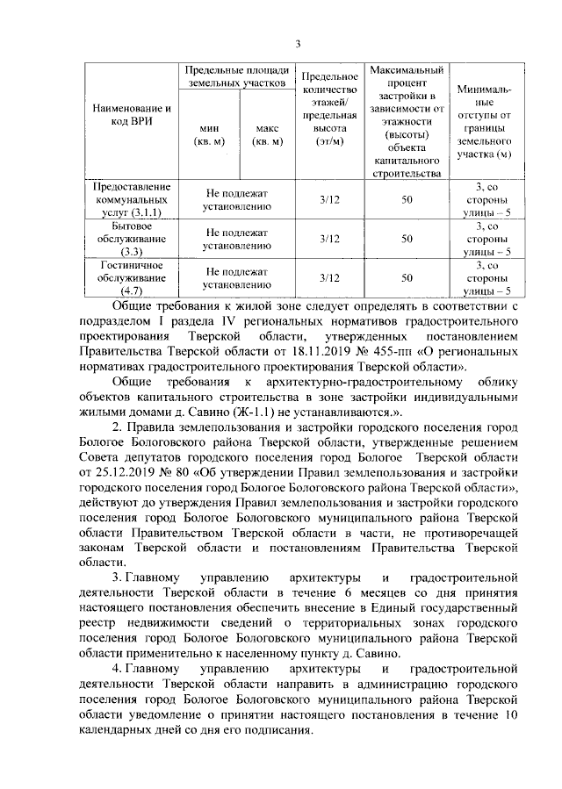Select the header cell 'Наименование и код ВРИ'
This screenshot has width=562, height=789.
point(124,114)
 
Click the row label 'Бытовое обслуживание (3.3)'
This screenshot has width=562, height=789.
point(124,239)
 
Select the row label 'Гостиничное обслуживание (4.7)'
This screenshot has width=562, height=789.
point(124,277)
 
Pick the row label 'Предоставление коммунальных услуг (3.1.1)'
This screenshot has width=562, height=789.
point(124,200)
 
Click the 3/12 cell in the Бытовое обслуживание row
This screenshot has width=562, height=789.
point(329,239)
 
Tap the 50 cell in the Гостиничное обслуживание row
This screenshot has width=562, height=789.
point(407,277)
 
